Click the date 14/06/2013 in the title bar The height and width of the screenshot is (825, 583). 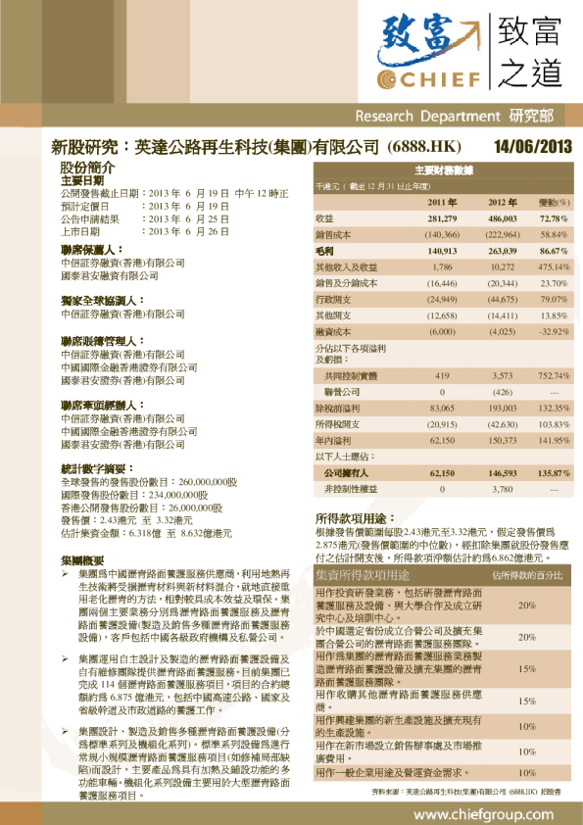[532, 148]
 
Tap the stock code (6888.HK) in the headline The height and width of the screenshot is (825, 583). [424, 148]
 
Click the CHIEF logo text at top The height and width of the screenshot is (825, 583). [431, 78]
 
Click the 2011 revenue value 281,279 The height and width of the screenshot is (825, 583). [443, 218]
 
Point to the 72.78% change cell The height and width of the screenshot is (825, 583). [554, 218]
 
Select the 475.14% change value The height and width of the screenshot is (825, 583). [554, 267]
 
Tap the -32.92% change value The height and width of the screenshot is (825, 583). [554, 331]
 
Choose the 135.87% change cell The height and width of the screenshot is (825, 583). [554, 473]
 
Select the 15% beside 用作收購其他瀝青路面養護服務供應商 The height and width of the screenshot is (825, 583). [527, 702]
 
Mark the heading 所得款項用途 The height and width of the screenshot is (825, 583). [355, 517]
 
